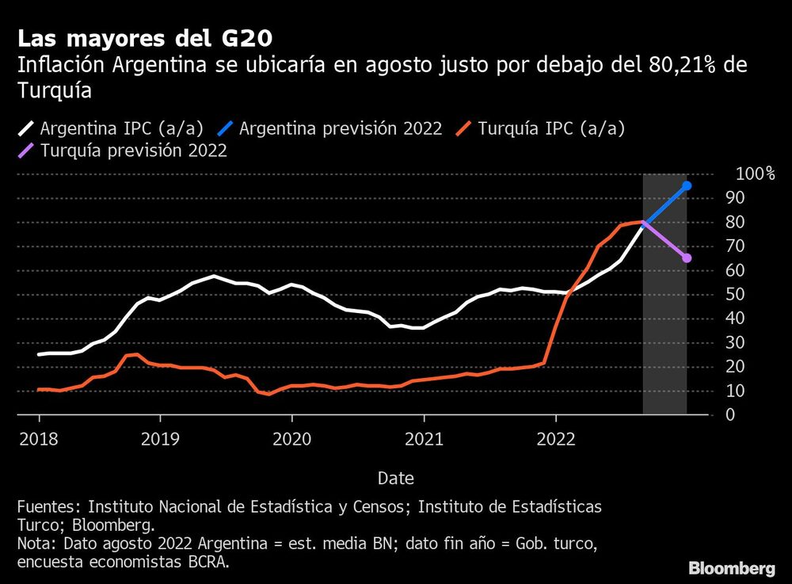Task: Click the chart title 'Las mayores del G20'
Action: click(147, 38)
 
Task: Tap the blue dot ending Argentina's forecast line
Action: click(687, 185)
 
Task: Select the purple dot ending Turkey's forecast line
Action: click(687, 258)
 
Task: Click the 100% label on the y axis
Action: click(754, 174)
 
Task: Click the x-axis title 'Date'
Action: click(395, 479)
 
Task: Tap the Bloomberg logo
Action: click(732, 568)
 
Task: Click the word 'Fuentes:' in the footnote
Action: click(48, 506)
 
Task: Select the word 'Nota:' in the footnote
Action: click(37, 544)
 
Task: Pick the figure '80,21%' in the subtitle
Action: click(687, 65)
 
